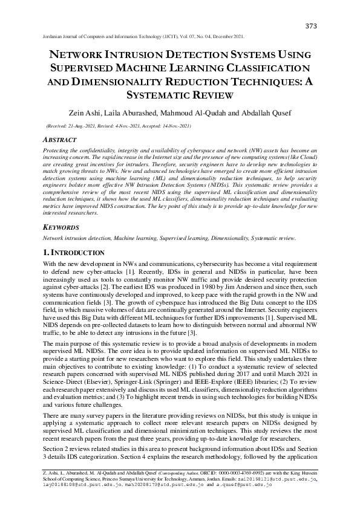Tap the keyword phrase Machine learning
tap(127, 238)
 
